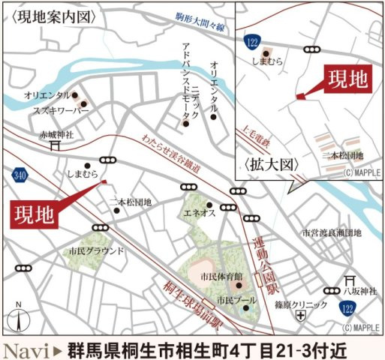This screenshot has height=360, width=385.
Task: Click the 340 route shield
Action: point(18,174)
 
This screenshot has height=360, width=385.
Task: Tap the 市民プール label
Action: point(231,300)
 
